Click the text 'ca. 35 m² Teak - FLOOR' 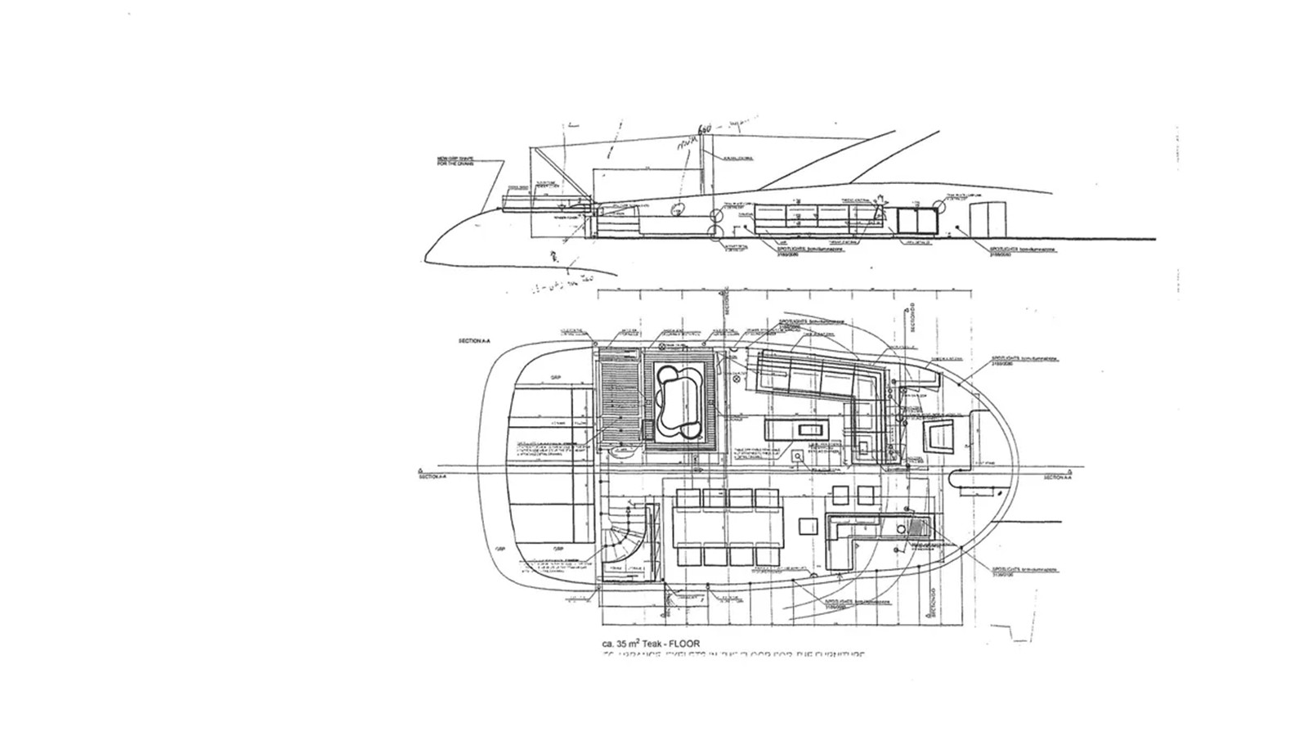[651, 644]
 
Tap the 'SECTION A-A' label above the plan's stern [475, 339]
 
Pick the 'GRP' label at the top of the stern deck [556, 377]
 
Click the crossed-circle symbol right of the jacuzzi [734, 379]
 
